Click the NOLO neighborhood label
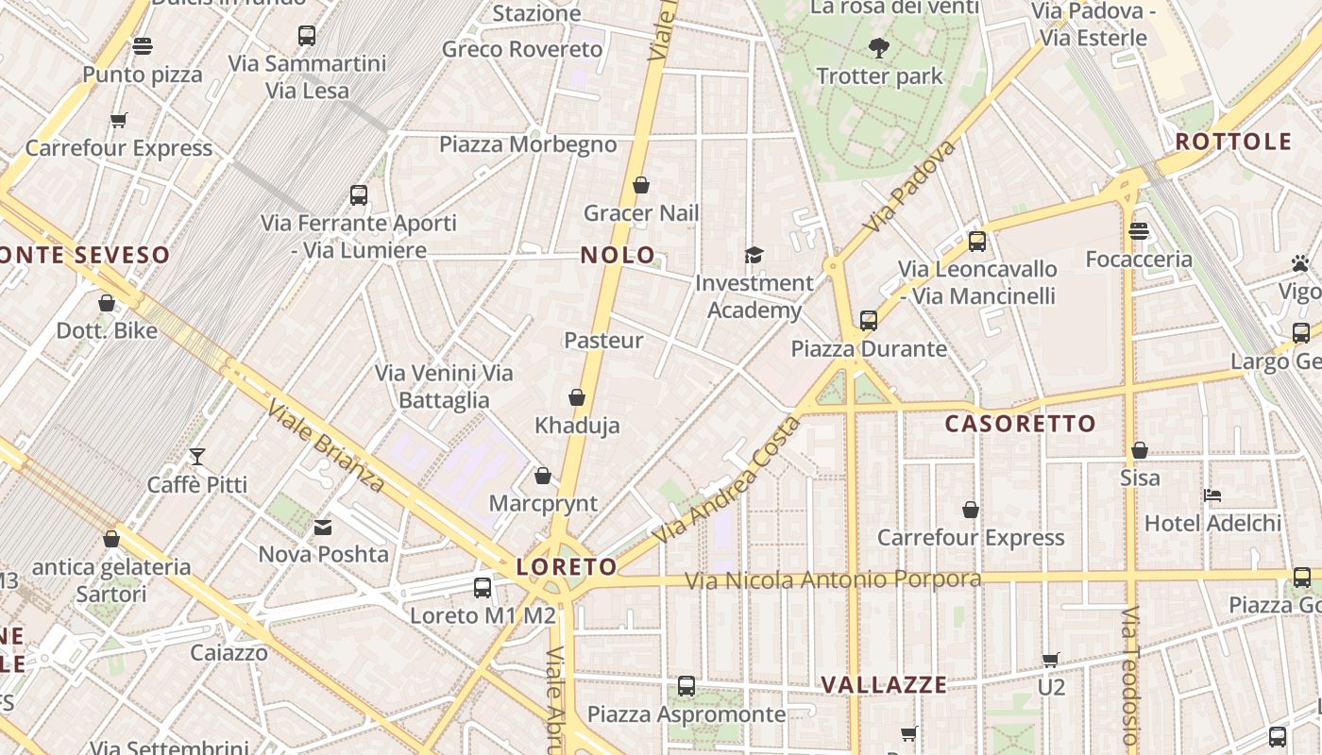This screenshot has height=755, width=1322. coord(618,255)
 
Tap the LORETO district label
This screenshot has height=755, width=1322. coord(567,567)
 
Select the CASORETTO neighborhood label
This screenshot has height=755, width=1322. coord(1020,424)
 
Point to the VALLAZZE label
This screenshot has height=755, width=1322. coord(883,685)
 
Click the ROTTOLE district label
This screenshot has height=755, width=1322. coord(1233,143)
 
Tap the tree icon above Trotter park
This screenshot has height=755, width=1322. coord(879,47)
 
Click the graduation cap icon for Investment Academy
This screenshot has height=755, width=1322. coord(754,255)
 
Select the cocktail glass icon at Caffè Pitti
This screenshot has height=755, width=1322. coord(197,457)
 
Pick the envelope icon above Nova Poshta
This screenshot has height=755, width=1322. coord(323,527)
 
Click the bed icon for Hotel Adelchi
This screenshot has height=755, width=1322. coord(1213,495)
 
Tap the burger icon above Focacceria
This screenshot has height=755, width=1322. coord(1139,230)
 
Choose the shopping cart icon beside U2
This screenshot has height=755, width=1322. coord(1051,660)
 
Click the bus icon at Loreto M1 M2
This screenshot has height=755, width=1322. coord(483,587)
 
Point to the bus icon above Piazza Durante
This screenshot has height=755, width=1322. coord(869,321)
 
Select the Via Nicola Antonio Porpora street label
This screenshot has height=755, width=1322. coord(833,579)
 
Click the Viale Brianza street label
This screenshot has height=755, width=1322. coord(327,446)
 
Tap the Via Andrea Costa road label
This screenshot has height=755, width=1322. coord(726,480)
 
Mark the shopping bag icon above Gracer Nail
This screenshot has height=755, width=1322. coord(641,185)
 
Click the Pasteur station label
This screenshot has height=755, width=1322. coord(603,341)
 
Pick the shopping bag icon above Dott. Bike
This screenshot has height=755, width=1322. coord(107,303)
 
